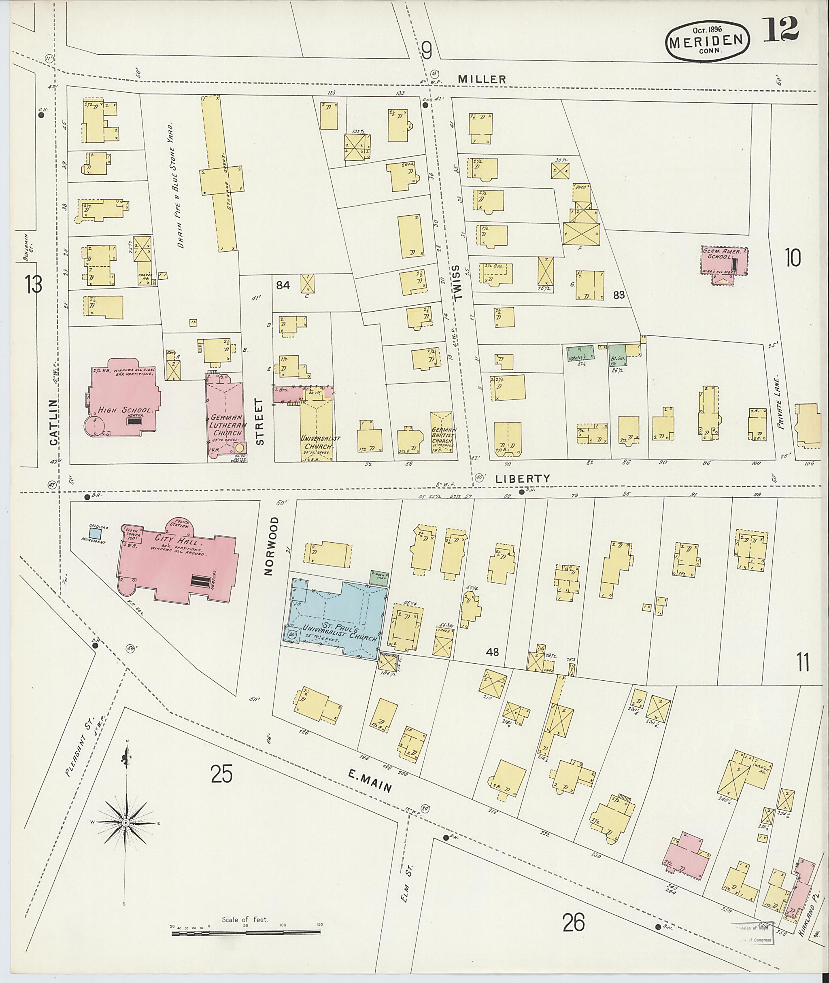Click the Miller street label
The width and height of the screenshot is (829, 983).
point(482,79)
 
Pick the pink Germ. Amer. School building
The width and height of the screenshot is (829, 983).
point(724,262)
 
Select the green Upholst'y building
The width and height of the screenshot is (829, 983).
point(580,352)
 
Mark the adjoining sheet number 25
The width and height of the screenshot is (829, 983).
point(222,774)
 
